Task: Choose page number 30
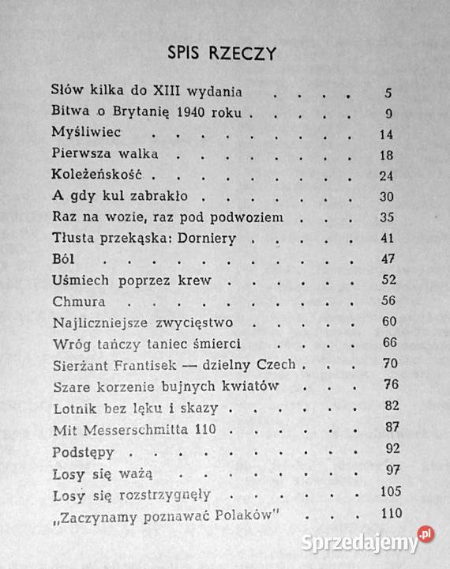tap(385, 197)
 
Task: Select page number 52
tap(385, 281)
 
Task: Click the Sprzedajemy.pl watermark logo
tap(376, 541)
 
